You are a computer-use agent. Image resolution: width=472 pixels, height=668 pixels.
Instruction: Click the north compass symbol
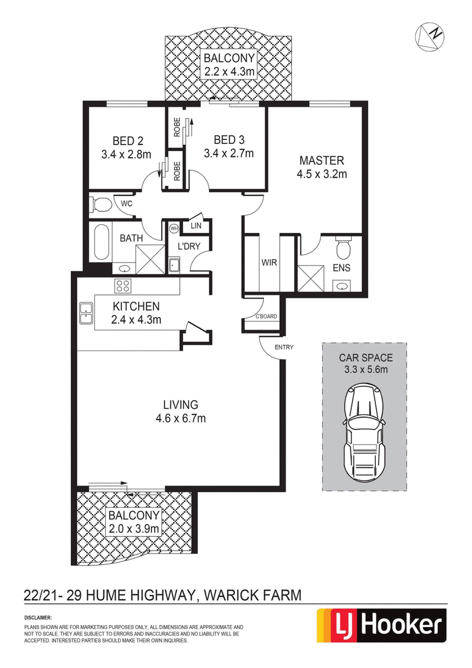pos(429,35)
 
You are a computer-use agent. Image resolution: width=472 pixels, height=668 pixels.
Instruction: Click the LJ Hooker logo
pos(381,625)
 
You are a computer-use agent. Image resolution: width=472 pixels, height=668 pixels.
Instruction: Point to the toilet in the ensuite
pos(343,247)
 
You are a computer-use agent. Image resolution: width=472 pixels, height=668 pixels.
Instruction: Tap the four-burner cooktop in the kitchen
pos(122,285)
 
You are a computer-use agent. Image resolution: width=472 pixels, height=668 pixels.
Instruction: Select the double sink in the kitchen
pos(86,313)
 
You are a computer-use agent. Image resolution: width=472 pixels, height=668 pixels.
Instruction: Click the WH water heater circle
pos(174,228)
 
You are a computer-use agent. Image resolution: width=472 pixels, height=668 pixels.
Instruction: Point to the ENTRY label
pos(284,347)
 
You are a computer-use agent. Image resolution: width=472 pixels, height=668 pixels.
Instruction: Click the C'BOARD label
pos(266,316)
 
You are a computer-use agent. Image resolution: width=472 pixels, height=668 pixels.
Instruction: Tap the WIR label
pos(269,263)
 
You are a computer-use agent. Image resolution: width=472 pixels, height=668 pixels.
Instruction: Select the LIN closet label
pos(196,226)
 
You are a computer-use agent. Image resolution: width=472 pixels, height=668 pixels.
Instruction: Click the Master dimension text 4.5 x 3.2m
pos(322,174)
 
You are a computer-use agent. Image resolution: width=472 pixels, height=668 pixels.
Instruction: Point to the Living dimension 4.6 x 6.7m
pos(181,418)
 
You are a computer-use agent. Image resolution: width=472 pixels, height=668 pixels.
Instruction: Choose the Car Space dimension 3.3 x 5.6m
pos(366,369)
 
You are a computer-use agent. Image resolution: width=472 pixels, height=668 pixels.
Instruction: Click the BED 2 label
pos(128,140)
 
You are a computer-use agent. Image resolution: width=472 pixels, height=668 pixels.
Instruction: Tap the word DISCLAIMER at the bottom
pos(38,617)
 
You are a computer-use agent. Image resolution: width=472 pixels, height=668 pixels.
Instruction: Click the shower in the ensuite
pos(310,278)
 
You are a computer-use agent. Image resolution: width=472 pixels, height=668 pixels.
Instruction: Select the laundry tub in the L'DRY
pos(174,265)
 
